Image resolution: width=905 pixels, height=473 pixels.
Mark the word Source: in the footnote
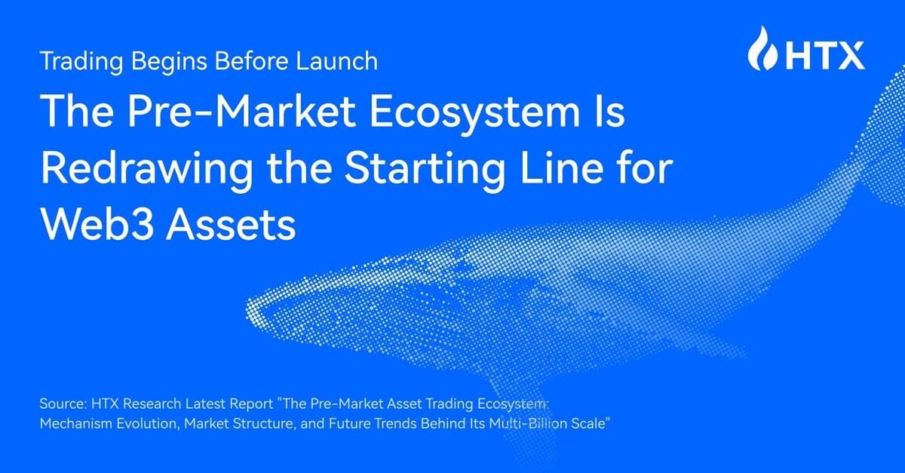coord(61,405)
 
